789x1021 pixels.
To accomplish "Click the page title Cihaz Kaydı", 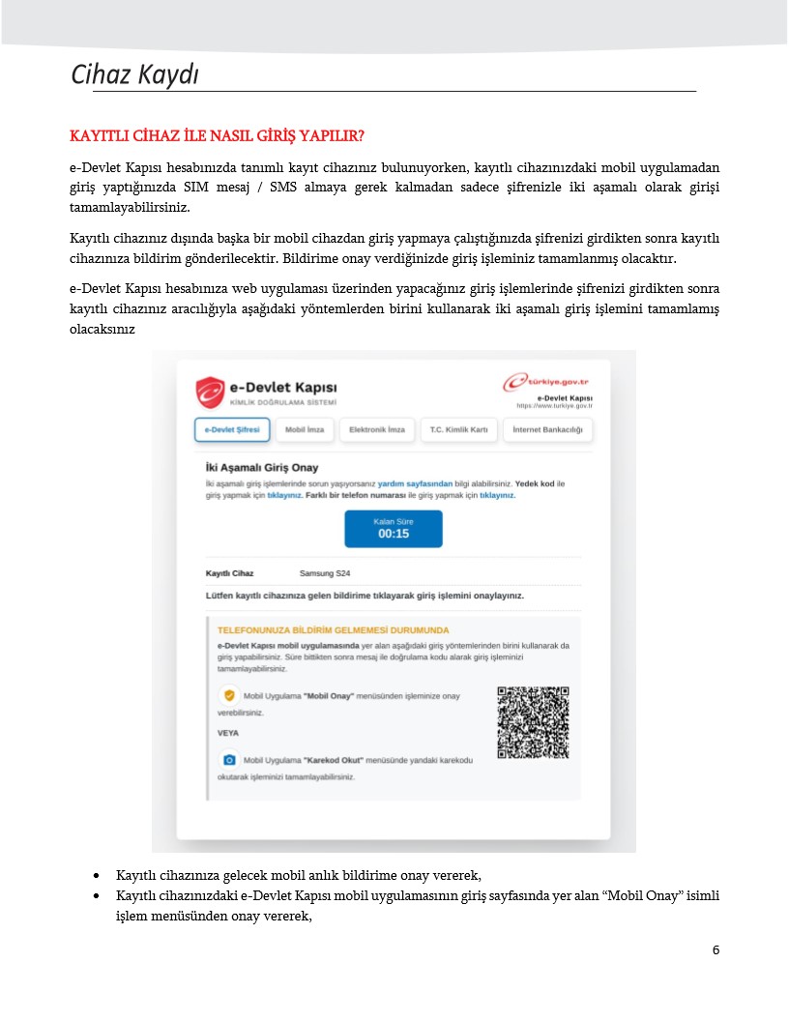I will click(135, 74).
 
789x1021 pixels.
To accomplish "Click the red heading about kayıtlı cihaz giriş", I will click(217, 133).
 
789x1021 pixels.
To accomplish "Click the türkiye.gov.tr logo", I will click(547, 382).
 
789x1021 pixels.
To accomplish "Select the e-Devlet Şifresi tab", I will click(232, 429).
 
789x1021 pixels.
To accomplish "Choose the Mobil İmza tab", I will click(305, 429).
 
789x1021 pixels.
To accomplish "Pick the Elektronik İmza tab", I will click(377, 429).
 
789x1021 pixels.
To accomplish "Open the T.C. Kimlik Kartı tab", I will click(459, 429).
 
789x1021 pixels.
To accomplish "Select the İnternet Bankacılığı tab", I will click(547, 429).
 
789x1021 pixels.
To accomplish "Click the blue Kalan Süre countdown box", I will click(394, 528).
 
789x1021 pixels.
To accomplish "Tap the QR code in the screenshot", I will click(532, 722).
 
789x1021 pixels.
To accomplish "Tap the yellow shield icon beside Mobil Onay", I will click(229, 695).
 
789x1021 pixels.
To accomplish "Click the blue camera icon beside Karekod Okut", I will click(229, 760).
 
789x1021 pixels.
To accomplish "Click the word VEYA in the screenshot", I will click(228, 733).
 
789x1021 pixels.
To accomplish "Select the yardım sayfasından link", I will click(415, 482).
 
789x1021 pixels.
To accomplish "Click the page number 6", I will click(716, 949).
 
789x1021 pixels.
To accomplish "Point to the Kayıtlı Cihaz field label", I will click(230, 573).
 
